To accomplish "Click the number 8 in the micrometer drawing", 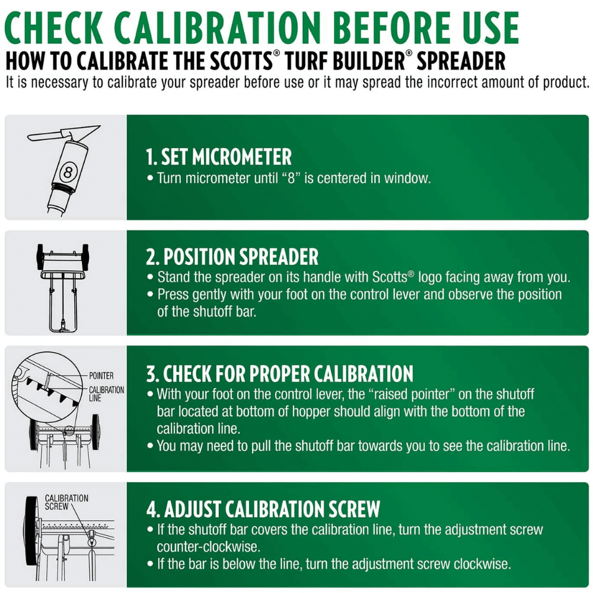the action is (68, 173).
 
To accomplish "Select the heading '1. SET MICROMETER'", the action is (219, 157).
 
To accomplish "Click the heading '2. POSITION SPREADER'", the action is (232, 257).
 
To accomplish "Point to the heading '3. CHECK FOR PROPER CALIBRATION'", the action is (279, 374).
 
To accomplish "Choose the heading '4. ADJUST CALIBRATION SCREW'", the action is (263, 509).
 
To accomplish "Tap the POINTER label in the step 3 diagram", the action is (101, 375).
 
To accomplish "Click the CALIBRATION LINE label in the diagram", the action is (106, 394).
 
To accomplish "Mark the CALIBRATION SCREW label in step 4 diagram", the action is (66, 502).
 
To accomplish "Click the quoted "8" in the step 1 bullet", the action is (291, 178).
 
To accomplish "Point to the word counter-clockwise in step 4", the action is (208, 547).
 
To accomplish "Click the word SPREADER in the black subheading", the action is (461, 61).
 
